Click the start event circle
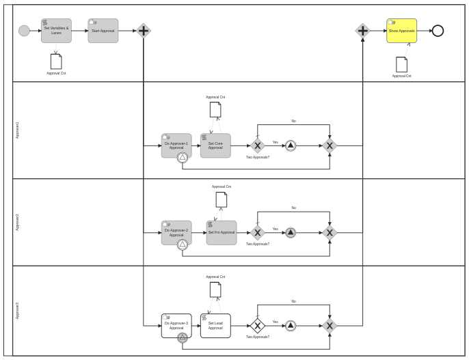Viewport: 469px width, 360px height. [24, 31]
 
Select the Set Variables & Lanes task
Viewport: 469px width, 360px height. [56, 31]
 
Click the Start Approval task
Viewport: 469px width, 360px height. [103, 31]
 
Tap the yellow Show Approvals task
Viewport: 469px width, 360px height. [401, 31]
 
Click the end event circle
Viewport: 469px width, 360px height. [438, 31]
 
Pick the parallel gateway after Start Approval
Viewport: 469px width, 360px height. [143, 31]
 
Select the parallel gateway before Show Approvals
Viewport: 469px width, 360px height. [362, 31]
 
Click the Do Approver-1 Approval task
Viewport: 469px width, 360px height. [176, 145]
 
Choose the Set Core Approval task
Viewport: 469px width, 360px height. [215, 146]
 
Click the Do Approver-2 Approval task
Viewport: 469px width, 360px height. [176, 232]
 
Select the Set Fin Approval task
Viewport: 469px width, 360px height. [222, 232]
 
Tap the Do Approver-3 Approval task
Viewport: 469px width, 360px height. [176, 325]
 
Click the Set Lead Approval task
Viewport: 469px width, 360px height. [215, 325]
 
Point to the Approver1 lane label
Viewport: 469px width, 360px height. [18, 130]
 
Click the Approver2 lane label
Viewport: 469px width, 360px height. [18, 222]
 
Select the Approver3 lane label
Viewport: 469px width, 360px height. [18, 311]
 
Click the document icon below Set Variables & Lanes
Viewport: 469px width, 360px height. [56, 61]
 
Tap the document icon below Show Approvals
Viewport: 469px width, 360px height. [401, 64]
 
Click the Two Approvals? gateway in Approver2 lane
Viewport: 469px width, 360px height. [257, 232]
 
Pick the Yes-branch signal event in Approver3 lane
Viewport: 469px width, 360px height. [291, 325]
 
